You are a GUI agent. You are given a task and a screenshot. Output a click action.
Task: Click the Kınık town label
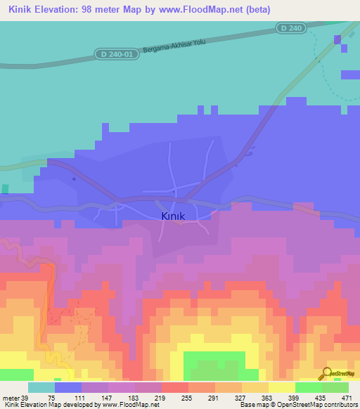tap(172, 216)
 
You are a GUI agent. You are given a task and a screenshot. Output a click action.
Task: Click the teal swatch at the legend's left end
tap(41, 387)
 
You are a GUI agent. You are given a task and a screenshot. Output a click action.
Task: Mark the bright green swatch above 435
tap(308, 387)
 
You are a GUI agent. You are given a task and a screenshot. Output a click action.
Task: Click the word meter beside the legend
tap(12, 397)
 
